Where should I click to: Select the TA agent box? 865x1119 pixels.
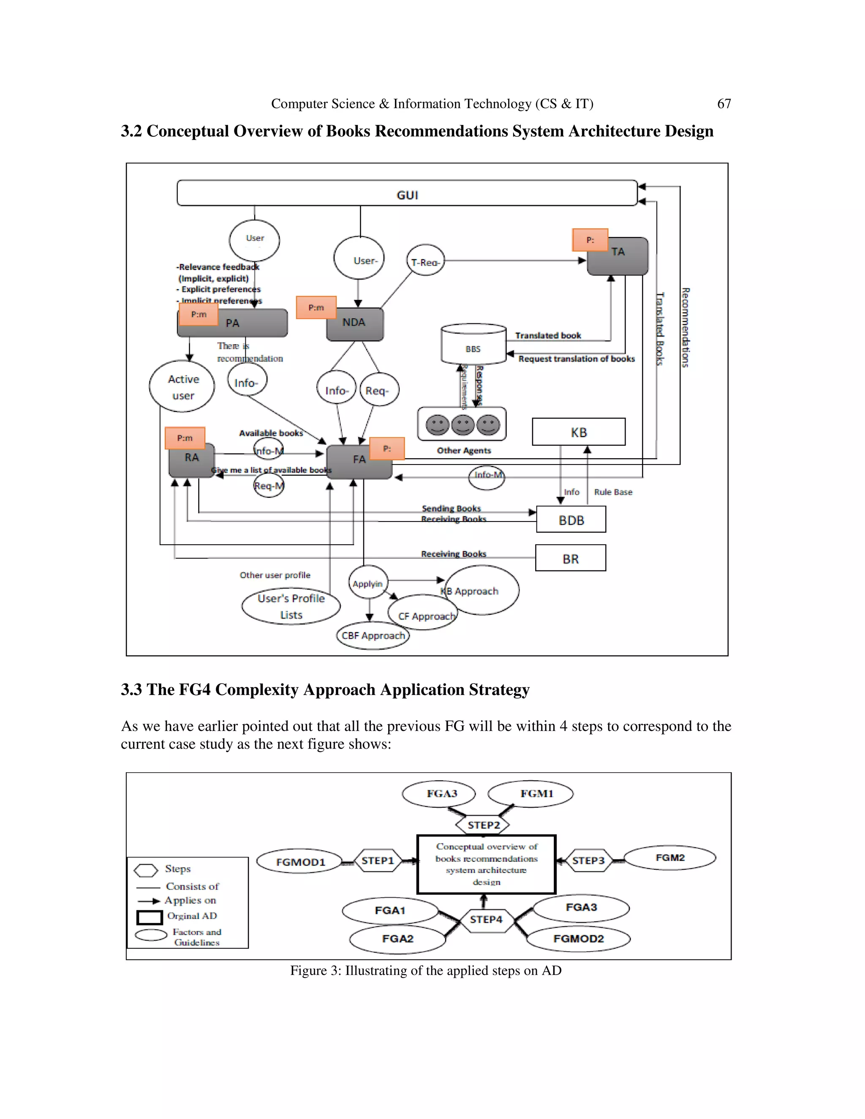(x=618, y=257)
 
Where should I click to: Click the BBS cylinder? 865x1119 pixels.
(x=473, y=344)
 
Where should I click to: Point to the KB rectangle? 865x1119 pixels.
(x=579, y=432)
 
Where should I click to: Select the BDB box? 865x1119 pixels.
(x=571, y=519)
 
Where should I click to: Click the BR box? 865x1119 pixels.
(x=570, y=558)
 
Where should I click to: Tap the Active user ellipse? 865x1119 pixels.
(x=182, y=387)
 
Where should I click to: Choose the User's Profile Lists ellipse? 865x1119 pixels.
(x=291, y=607)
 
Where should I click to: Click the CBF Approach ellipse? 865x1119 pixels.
(x=373, y=636)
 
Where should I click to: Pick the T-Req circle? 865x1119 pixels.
(x=425, y=260)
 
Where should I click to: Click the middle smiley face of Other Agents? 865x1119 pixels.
(x=463, y=425)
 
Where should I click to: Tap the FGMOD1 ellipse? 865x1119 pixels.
(x=300, y=862)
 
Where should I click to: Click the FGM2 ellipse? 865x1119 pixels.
(x=670, y=858)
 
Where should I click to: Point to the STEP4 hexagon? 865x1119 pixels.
(x=486, y=919)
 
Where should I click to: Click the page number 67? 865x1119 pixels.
(x=724, y=103)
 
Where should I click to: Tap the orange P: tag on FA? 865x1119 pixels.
(x=387, y=448)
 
